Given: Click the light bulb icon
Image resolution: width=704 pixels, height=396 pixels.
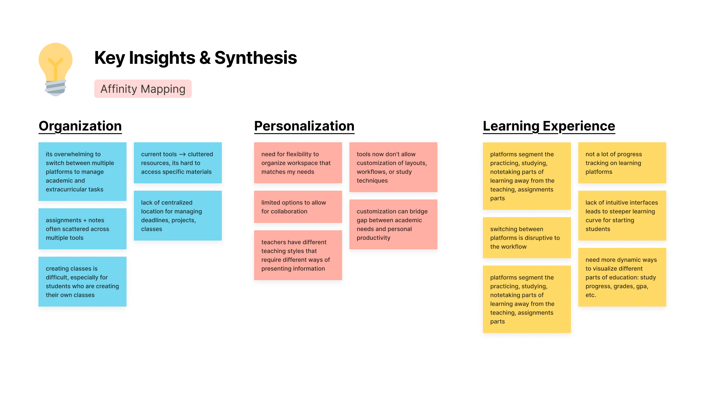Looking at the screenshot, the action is (55, 69).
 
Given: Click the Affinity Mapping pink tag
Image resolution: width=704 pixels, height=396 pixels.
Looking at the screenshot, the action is (143, 89).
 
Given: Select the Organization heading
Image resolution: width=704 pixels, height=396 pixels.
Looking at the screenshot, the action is (80, 126).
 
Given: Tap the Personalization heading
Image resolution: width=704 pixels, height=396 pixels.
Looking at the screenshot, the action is (304, 126).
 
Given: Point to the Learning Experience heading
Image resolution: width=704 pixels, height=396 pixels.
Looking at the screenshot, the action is (549, 126).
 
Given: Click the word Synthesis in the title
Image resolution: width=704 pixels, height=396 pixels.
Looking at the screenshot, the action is (255, 58).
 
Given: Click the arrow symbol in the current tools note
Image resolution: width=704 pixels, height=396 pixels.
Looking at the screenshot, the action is (182, 154).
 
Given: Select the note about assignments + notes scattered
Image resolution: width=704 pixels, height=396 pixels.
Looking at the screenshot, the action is (82, 229).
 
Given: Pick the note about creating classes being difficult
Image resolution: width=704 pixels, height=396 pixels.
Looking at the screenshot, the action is (82, 282).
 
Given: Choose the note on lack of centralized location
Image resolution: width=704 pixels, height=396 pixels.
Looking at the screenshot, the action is (178, 216).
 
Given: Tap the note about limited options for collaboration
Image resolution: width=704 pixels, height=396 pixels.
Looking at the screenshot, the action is (298, 207).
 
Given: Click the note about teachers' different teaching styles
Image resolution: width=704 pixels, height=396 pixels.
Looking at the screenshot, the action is (298, 255).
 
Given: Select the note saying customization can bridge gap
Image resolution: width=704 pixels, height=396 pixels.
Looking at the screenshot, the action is (393, 224).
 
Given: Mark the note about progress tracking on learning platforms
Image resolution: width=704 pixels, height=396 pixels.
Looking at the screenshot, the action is (622, 163).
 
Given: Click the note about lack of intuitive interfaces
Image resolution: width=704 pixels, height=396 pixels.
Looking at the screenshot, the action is (622, 216).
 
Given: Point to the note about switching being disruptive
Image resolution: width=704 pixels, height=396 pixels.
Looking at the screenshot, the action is (527, 238).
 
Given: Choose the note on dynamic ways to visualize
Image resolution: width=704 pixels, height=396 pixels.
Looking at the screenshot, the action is (622, 277).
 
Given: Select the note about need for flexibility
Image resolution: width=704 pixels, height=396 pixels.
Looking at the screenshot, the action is (298, 163).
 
